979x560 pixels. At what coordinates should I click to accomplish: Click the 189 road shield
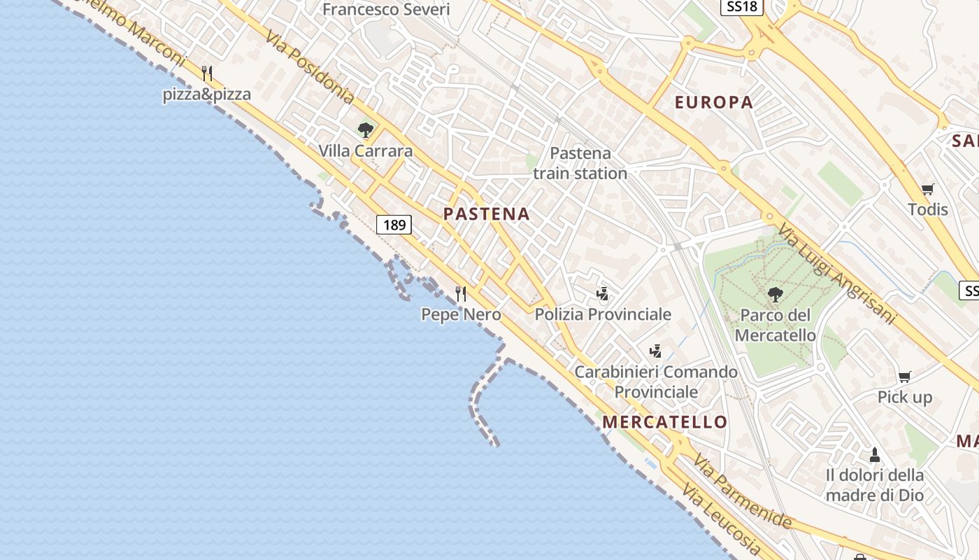point(394,225)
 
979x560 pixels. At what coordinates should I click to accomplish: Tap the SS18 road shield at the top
point(741,7)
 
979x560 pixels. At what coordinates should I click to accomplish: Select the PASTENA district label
point(487,214)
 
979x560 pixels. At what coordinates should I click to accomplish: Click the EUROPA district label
point(714,102)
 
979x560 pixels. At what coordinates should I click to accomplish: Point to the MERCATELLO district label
point(665,422)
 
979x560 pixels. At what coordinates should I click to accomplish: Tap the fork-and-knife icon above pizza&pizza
point(207,73)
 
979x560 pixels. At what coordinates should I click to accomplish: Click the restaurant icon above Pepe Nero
point(461,294)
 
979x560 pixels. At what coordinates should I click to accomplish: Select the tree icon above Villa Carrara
point(365,129)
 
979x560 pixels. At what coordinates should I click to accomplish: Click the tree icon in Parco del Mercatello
point(775,294)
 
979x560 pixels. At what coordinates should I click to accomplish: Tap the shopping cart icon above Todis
point(928,188)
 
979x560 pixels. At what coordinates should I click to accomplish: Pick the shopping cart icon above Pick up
point(905,377)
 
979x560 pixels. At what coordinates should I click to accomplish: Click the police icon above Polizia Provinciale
point(603,293)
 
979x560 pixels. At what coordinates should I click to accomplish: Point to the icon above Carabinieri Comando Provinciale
point(656,351)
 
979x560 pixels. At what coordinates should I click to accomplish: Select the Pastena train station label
point(580,163)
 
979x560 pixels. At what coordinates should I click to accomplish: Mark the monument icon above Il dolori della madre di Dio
point(874,455)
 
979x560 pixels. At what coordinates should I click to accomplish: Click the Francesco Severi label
point(386,9)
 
